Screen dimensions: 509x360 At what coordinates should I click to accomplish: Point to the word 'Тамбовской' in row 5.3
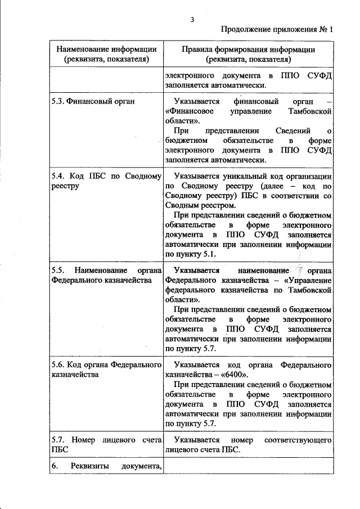[310, 111]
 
